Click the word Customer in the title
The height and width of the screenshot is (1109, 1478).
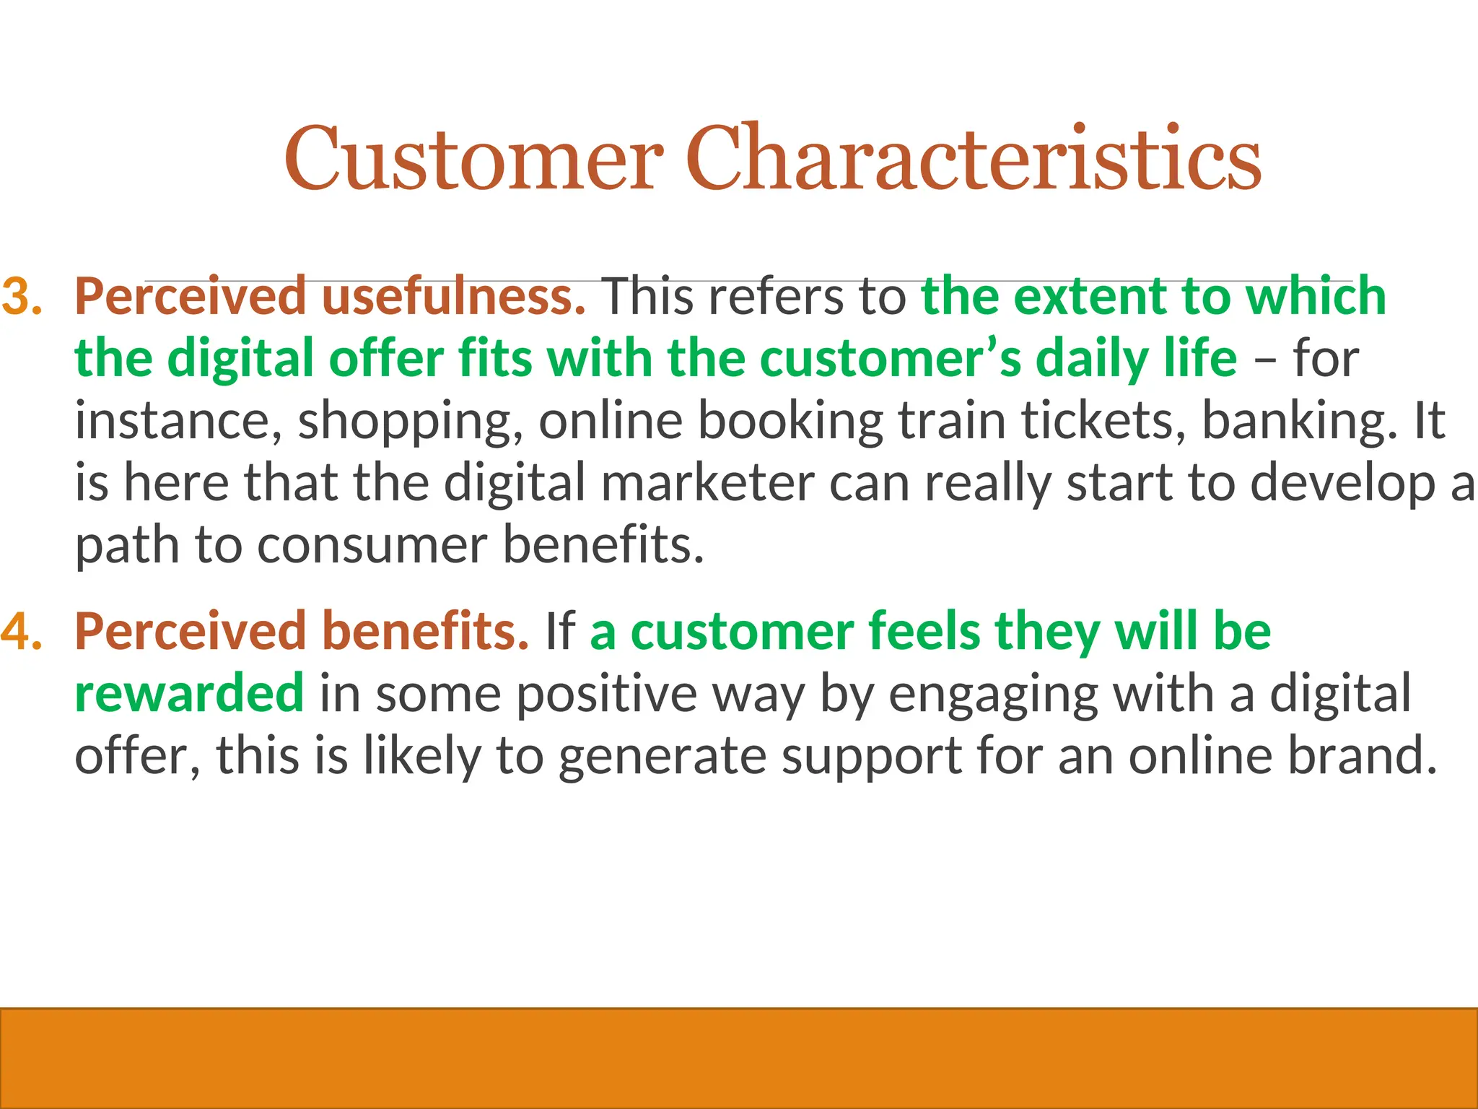point(473,159)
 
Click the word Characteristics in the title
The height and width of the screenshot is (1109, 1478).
point(973,159)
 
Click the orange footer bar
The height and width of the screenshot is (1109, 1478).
point(739,1058)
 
